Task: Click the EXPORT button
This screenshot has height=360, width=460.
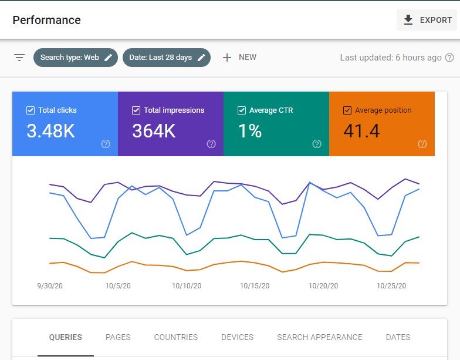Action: [x=427, y=20]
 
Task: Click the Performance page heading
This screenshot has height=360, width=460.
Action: [x=46, y=20]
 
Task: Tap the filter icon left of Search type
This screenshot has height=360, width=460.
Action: [x=19, y=58]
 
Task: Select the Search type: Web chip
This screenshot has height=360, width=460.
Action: [x=76, y=58]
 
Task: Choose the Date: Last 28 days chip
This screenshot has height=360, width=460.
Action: [x=167, y=58]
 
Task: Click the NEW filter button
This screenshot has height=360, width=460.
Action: [x=239, y=58]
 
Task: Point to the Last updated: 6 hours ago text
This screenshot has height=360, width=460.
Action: [x=391, y=58]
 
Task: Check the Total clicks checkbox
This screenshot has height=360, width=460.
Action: [x=31, y=110]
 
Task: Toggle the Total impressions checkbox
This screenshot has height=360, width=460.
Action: [x=136, y=110]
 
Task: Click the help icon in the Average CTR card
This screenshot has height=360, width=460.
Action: [x=317, y=144]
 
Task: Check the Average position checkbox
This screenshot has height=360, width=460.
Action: [x=347, y=110]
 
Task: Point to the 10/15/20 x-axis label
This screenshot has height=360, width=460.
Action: [x=255, y=286]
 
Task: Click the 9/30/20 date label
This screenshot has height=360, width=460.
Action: [x=50, y=286]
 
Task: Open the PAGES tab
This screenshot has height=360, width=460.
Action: [x=118, y=337]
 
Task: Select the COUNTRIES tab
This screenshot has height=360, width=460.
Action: [x=175, y=337]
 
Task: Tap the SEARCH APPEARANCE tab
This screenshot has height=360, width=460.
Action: [x=320, y=337]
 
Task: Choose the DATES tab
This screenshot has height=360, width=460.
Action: [x=398, y=337]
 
